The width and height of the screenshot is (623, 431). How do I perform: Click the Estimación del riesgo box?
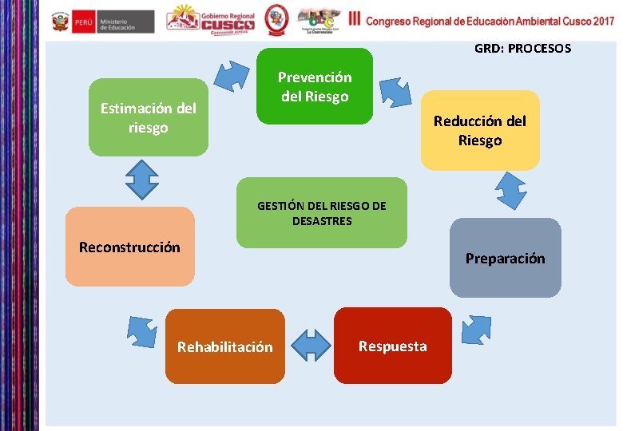(148, 117)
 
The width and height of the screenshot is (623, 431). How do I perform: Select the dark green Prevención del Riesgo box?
(315, 86)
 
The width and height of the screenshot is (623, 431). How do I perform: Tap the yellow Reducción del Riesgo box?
(480, 130)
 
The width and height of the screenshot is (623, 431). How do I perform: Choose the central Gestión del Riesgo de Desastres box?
(321, 212)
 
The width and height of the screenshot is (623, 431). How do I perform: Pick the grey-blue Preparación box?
(505, 258)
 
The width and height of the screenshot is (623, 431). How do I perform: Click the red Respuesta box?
(392, 346)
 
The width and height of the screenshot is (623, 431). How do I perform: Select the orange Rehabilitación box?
(224, 346)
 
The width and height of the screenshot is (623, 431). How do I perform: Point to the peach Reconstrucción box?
(129, 247)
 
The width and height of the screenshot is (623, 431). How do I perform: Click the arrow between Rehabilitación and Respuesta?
(311, 346)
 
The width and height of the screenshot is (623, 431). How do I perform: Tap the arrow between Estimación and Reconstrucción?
(141, 180)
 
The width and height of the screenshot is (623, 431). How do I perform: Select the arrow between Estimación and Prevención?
(232, 77)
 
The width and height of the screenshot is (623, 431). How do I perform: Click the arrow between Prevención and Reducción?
(395, 91)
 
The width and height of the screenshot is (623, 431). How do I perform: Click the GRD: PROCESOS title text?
(522, 49)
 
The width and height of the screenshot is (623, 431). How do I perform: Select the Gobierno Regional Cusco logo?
(211, 21)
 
